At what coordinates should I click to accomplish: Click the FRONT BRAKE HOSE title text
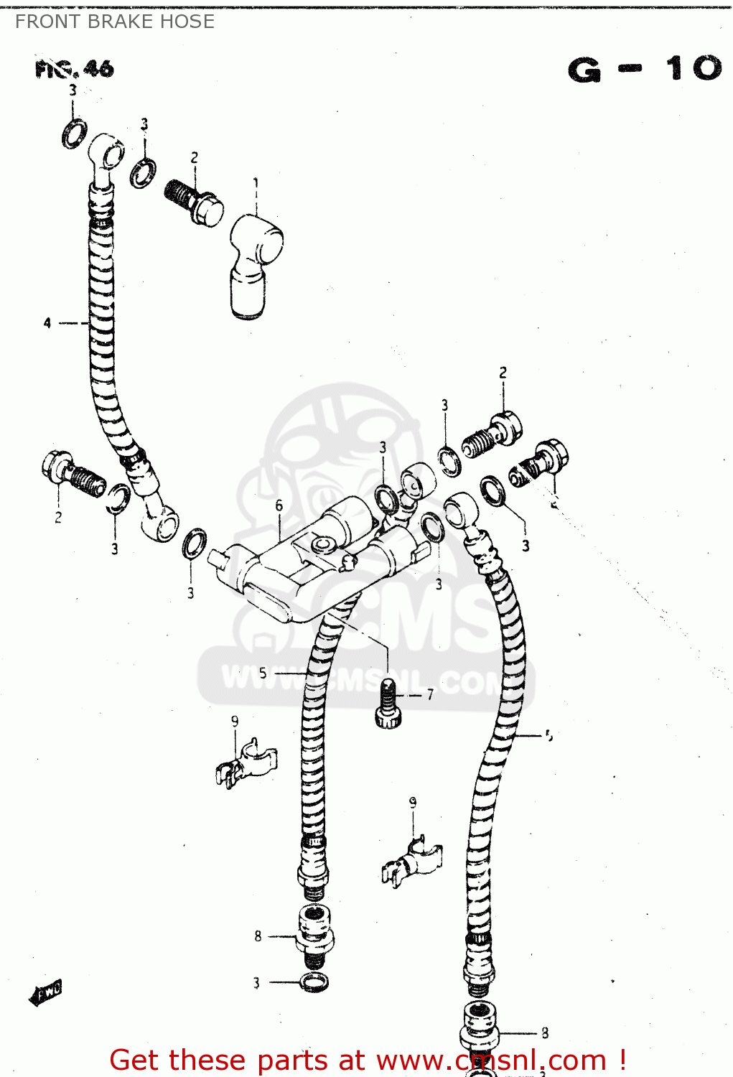115,22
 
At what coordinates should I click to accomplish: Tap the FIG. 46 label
74,69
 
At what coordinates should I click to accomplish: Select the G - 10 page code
644,69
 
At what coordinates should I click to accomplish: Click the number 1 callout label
256,184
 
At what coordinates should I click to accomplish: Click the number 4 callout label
47,323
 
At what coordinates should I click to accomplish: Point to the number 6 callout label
279,505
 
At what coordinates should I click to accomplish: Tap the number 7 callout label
430,694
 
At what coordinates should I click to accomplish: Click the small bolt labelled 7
388,704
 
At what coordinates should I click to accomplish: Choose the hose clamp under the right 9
411,861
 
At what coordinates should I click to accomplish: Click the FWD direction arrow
45,992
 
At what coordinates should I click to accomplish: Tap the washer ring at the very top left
74,134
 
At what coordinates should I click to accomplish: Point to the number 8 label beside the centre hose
258,936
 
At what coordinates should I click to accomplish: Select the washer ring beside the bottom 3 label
314,982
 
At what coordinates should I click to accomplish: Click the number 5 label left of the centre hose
263,673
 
